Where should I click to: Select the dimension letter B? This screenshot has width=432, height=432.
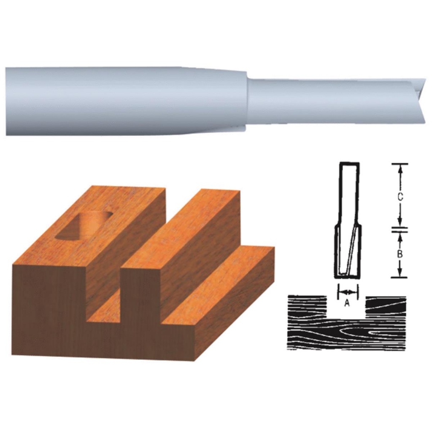(x=400, y=254)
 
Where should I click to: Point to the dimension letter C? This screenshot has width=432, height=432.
(x=400, y=197)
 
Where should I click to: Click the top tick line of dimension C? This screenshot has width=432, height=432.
(x=399, y=164)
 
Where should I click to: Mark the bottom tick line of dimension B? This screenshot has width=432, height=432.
(x=399, y=277)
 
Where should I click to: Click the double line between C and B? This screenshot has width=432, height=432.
(x=399, y=229)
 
